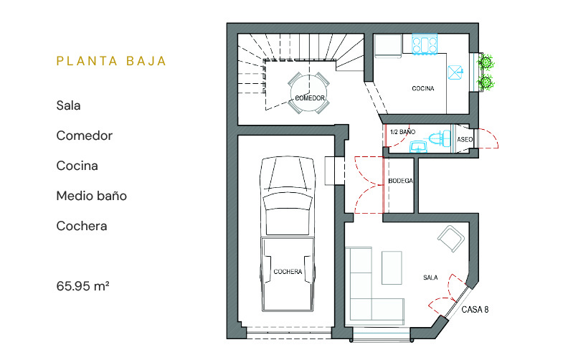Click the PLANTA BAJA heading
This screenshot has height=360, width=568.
111,61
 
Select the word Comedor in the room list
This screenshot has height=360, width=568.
85,136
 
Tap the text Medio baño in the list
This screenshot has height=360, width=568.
92,196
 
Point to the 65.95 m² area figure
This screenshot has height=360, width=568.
83,286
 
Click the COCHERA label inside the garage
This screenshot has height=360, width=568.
288,272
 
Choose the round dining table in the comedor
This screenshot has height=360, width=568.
309,93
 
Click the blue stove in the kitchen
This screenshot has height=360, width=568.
425,44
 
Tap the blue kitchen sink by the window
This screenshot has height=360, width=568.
455,72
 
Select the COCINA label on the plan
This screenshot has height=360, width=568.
422,88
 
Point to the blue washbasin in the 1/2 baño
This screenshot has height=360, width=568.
418,147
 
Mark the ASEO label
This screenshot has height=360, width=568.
465,139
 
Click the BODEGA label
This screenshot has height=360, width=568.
400,181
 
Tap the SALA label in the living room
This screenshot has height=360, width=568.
430,278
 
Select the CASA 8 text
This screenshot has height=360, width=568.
475,309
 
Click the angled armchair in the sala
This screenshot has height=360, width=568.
451,238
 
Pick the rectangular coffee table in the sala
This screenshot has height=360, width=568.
392,267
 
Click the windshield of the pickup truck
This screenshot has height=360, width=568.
288,201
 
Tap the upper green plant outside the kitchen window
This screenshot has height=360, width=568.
486,62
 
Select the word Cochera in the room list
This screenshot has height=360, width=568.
82,226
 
